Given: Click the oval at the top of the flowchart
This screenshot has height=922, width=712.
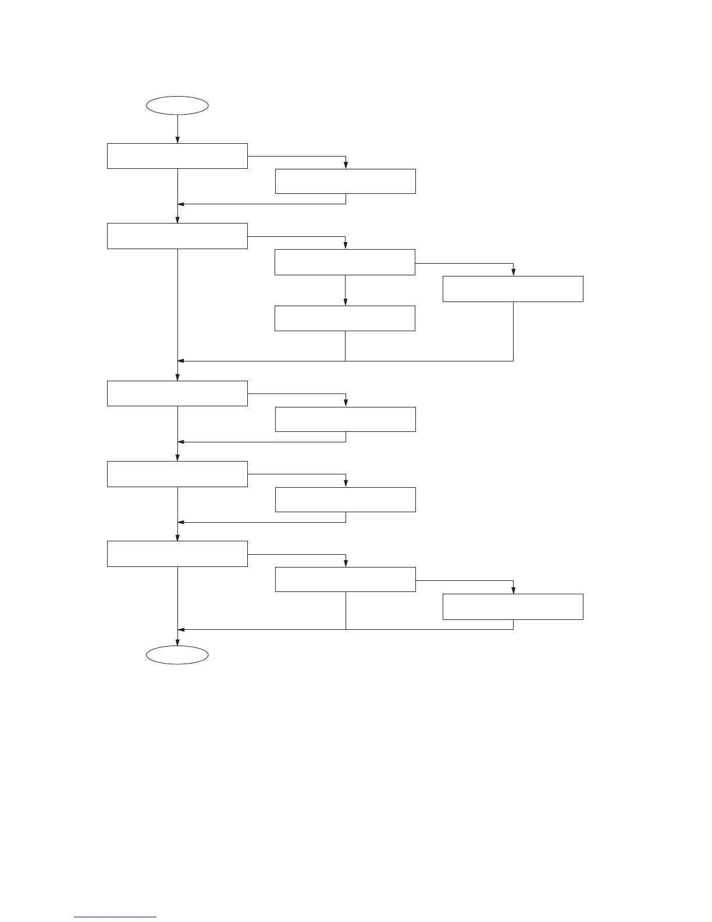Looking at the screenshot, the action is pyautogui.click(x=177, y=105).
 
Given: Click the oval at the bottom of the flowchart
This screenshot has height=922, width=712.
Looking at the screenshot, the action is pyautogui.click(x=177, y=655).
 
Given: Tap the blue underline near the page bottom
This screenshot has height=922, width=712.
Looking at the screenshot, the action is pyautogui.click(x=116, y=917).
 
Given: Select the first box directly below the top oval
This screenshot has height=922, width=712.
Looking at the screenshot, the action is pyautogui.click(x=177, y=156).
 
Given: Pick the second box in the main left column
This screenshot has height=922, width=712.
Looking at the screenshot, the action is pyautogui.click(x=177, y=236).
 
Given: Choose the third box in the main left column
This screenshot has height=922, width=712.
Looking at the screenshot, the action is pyautogui.click(x=177, y=393).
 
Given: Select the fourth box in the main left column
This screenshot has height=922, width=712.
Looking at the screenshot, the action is pyautogui.click(x=177, y=474).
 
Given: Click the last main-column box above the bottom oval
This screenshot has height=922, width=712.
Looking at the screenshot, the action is pyautogui.click(x=177, y=554).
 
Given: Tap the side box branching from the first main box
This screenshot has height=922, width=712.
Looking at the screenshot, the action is pyautogui.click(x=346, y=181).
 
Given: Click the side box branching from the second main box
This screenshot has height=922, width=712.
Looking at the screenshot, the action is pyautogui.click(x=345, y=262).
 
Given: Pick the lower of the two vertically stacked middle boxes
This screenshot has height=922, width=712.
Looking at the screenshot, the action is pyautogui.click(x=345, y=318).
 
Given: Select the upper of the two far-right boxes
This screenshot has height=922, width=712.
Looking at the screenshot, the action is pyautogui.click(x=513, y=289).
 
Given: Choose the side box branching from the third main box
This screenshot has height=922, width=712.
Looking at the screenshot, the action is pyautogui.click(x=346, y=419).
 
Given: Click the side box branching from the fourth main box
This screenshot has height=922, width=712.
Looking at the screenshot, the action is pyautogui.click(x=346, y=499).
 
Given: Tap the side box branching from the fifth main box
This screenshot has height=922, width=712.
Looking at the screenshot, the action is pyautogui.click(x=346, y=579).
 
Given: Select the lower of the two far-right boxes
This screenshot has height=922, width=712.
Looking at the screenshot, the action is pyautogui.click(x=513, y=607).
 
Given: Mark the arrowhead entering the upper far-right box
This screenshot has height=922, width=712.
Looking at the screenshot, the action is pyautogui.click(x=513, y=272).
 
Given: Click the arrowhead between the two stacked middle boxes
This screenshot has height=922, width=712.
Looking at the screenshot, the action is pyautogui.click(x=345, y=302).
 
